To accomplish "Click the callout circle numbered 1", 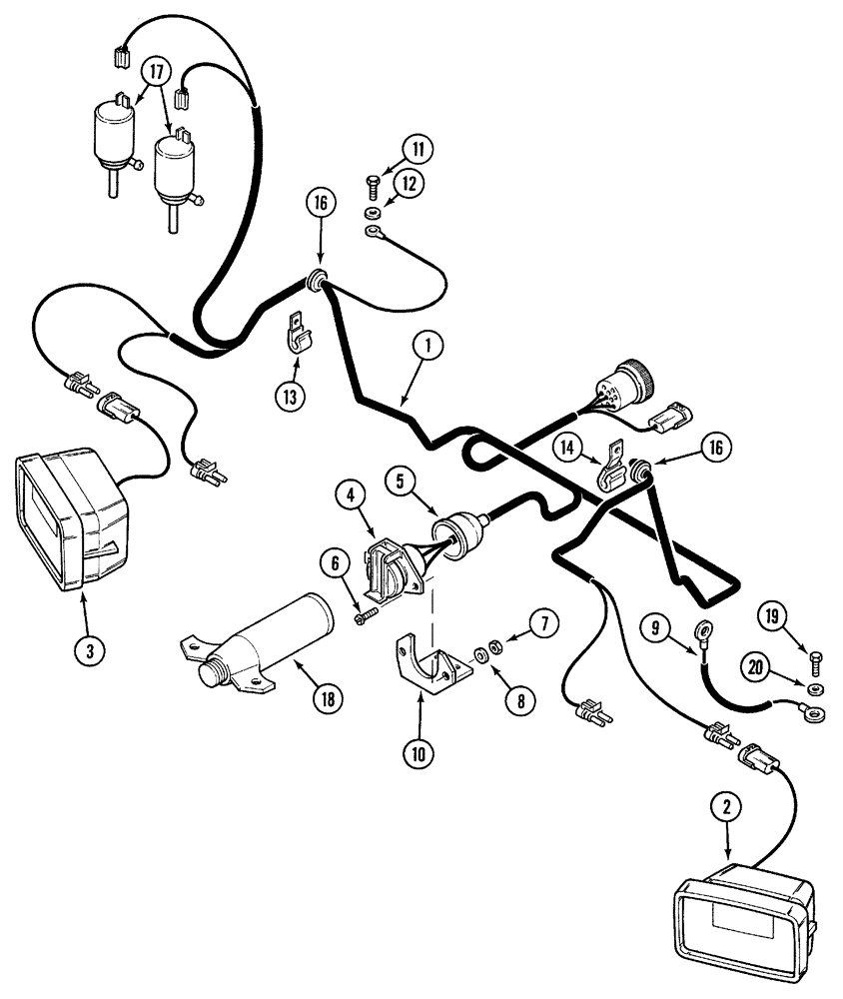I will [x=426, y=346].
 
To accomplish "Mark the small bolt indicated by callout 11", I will [x=373, y=184].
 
